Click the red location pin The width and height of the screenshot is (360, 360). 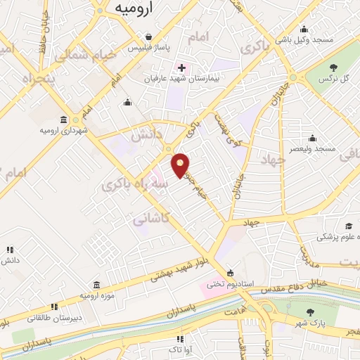click(x=181, y=165)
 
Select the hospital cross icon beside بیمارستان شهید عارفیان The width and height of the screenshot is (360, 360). click(x=181, y=68)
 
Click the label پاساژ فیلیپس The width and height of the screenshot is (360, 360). click(x=148, y=47)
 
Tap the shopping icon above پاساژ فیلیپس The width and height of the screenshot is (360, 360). click(x=148, y=37)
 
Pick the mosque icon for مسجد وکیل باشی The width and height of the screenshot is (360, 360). click(x=303, y=30)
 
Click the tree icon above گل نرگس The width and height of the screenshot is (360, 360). click(x=334, y=67)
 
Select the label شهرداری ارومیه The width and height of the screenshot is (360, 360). click(x=63, y=130)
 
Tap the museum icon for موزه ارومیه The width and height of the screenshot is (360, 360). click(x=96, y=284)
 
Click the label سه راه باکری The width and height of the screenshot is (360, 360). click(x=136, y=184)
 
